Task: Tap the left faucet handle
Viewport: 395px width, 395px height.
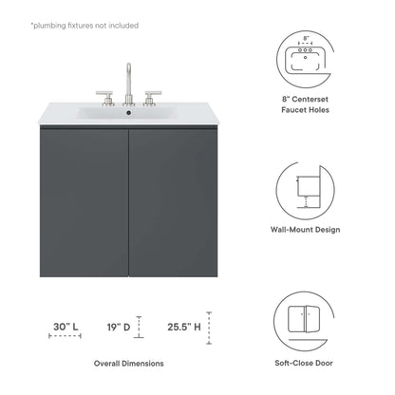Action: point(106,97)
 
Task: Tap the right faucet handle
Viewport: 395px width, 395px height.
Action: point(151,97)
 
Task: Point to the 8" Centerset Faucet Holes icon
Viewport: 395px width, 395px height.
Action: point(306,60)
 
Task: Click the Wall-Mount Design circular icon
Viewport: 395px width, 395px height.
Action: point(306,191)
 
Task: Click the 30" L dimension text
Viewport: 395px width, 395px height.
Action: point(65,327)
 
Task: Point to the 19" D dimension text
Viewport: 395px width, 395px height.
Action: point(119,327)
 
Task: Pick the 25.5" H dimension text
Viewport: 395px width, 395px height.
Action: point(184,327)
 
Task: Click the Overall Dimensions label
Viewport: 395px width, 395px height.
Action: point(128,364)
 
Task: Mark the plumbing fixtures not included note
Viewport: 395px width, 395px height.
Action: point(84,26)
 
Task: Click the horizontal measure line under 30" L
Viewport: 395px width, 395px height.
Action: point(65,338)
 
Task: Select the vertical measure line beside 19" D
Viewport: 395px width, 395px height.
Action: point(140,328)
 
